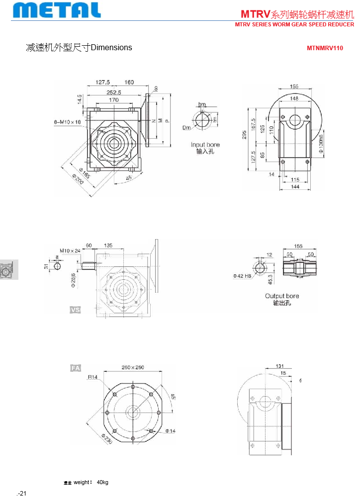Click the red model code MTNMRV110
[325, 49]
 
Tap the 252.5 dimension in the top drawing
[113, 92]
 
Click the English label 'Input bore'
[205, 145]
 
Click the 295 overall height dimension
[244, 135]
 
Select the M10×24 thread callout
[70, 251]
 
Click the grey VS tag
[75, 310]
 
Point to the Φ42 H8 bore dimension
[242, 275]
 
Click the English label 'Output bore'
[282, 296]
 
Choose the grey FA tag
[75, 368]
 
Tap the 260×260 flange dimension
[133, 367]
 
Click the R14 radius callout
[92, 377]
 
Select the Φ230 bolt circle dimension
[106, 438]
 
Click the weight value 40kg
[102, 482]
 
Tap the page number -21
[22, 494]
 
